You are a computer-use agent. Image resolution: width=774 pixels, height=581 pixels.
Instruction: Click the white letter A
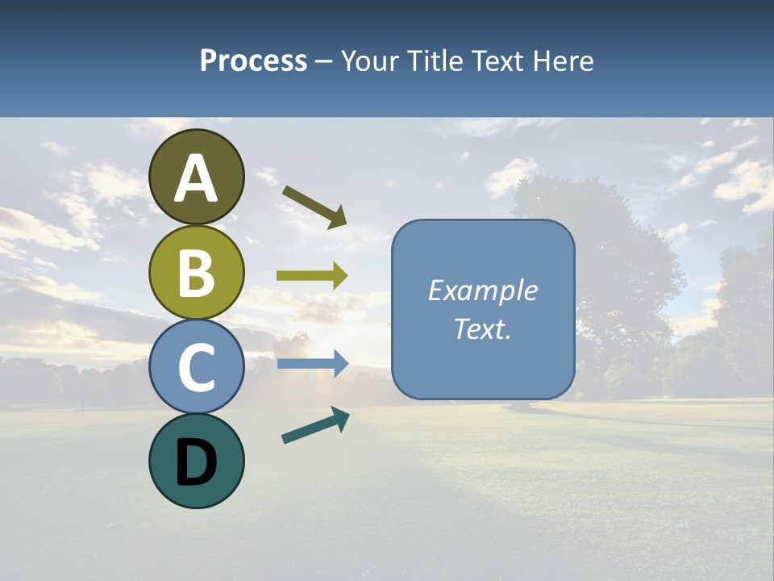click(x=197, y=179)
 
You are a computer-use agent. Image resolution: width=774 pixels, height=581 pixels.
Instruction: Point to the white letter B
click(x=197, y=274)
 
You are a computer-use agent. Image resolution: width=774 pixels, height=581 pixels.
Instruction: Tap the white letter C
click(x=197, y=368)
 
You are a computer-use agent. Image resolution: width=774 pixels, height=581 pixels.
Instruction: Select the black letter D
click(x=197, y=462)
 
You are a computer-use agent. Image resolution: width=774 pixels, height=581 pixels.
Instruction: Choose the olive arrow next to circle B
click(x=312, y=276)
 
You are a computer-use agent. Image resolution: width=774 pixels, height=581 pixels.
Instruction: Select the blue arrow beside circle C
click(x=312, y=364)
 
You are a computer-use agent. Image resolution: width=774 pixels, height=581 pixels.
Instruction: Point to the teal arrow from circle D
click(x=315, y=425)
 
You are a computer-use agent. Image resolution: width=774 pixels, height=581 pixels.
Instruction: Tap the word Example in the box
click(x=483, y=291)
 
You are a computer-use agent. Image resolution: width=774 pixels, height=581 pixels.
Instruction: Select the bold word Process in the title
click(x=253, y=61)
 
